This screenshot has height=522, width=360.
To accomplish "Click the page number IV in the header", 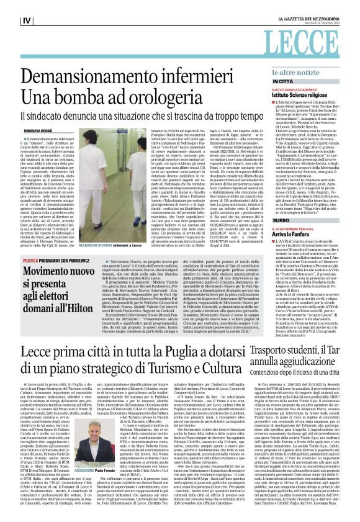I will pos(26,20).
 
